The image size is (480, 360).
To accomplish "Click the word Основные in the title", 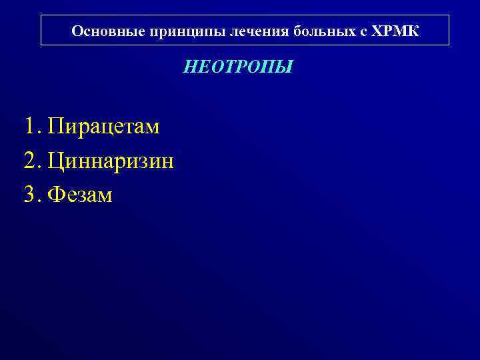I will pyautogui.click(x=101, y=31).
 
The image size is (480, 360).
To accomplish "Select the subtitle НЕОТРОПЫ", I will pyautogui.click(x=238, y=67).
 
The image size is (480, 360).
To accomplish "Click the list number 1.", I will pyautogui.click(x=29, y=126).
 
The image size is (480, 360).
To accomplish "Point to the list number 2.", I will pyautogui.click(x=29, y=161).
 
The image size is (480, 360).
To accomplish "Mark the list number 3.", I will pyautogui.click(x=29, y=195).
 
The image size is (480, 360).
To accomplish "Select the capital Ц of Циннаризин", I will pyautogui.click(x=57, y=161).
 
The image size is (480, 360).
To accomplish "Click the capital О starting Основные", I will pyautogui.click(x=76, y=31).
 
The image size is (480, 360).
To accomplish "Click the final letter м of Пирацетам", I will pyautogui.click(x=152, y=127).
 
